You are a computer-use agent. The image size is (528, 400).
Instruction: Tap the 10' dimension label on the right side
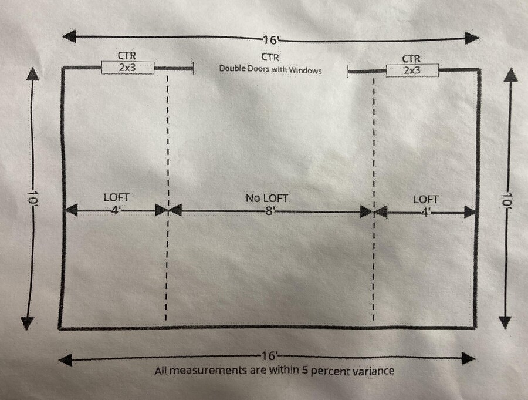click(508, 201)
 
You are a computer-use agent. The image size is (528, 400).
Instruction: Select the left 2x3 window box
click(127, 68)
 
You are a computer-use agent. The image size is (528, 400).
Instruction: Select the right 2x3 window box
click(412, 70)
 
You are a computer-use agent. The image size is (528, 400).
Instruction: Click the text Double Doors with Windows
click(270, 69)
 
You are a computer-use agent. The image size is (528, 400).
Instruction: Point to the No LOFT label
click(267, 199)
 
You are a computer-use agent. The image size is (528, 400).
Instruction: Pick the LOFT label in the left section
click(116, 199)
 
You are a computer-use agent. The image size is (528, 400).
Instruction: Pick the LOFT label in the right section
click(425, 200)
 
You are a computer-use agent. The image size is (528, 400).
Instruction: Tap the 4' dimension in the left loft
click(116, 210)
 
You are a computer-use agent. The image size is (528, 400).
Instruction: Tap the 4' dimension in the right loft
click(426, 211)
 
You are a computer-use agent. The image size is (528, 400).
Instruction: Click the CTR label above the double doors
click(270, 57)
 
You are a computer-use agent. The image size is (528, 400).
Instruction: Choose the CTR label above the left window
click(127, 55)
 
